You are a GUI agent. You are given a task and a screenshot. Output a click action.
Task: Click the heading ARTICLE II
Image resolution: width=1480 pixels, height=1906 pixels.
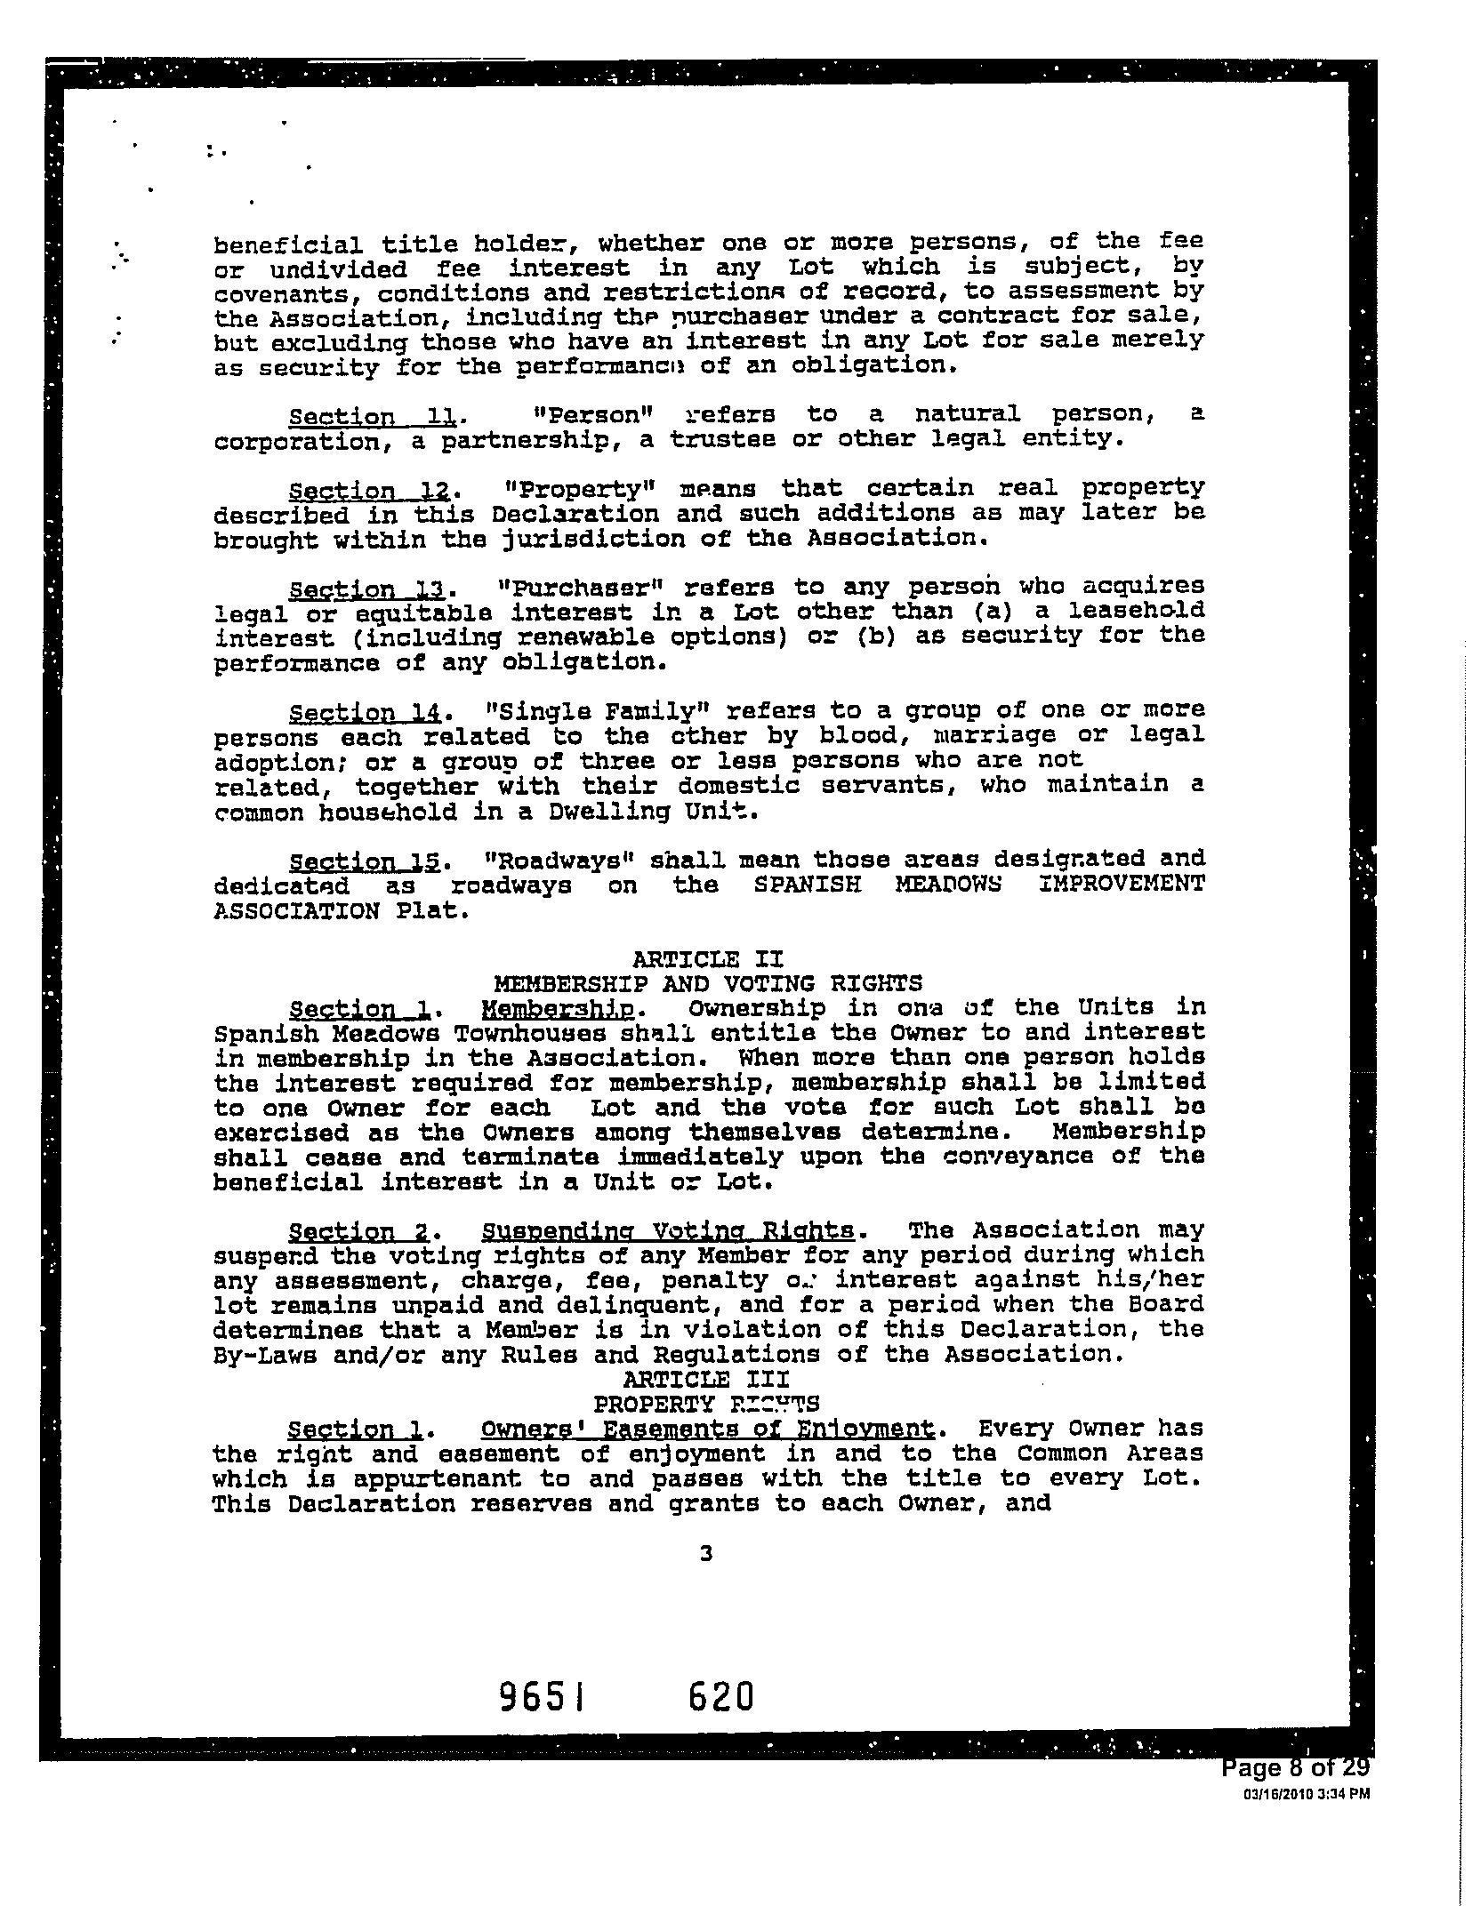tap(707, 959)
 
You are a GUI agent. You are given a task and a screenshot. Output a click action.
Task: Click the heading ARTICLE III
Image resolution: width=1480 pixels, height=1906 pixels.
tap(706, 1379)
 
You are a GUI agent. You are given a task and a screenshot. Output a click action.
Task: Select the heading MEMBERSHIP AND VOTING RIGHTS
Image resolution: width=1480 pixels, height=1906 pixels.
tap(707, 983)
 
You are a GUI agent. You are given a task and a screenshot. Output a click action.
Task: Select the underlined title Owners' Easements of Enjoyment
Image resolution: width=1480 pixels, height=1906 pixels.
tap(707, 1429)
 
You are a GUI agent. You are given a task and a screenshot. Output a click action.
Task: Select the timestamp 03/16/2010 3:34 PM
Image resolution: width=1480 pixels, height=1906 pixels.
tap(1306, 1794)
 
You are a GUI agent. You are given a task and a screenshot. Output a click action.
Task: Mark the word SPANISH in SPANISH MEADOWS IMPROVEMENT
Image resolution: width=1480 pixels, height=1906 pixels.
tap(806, 885)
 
